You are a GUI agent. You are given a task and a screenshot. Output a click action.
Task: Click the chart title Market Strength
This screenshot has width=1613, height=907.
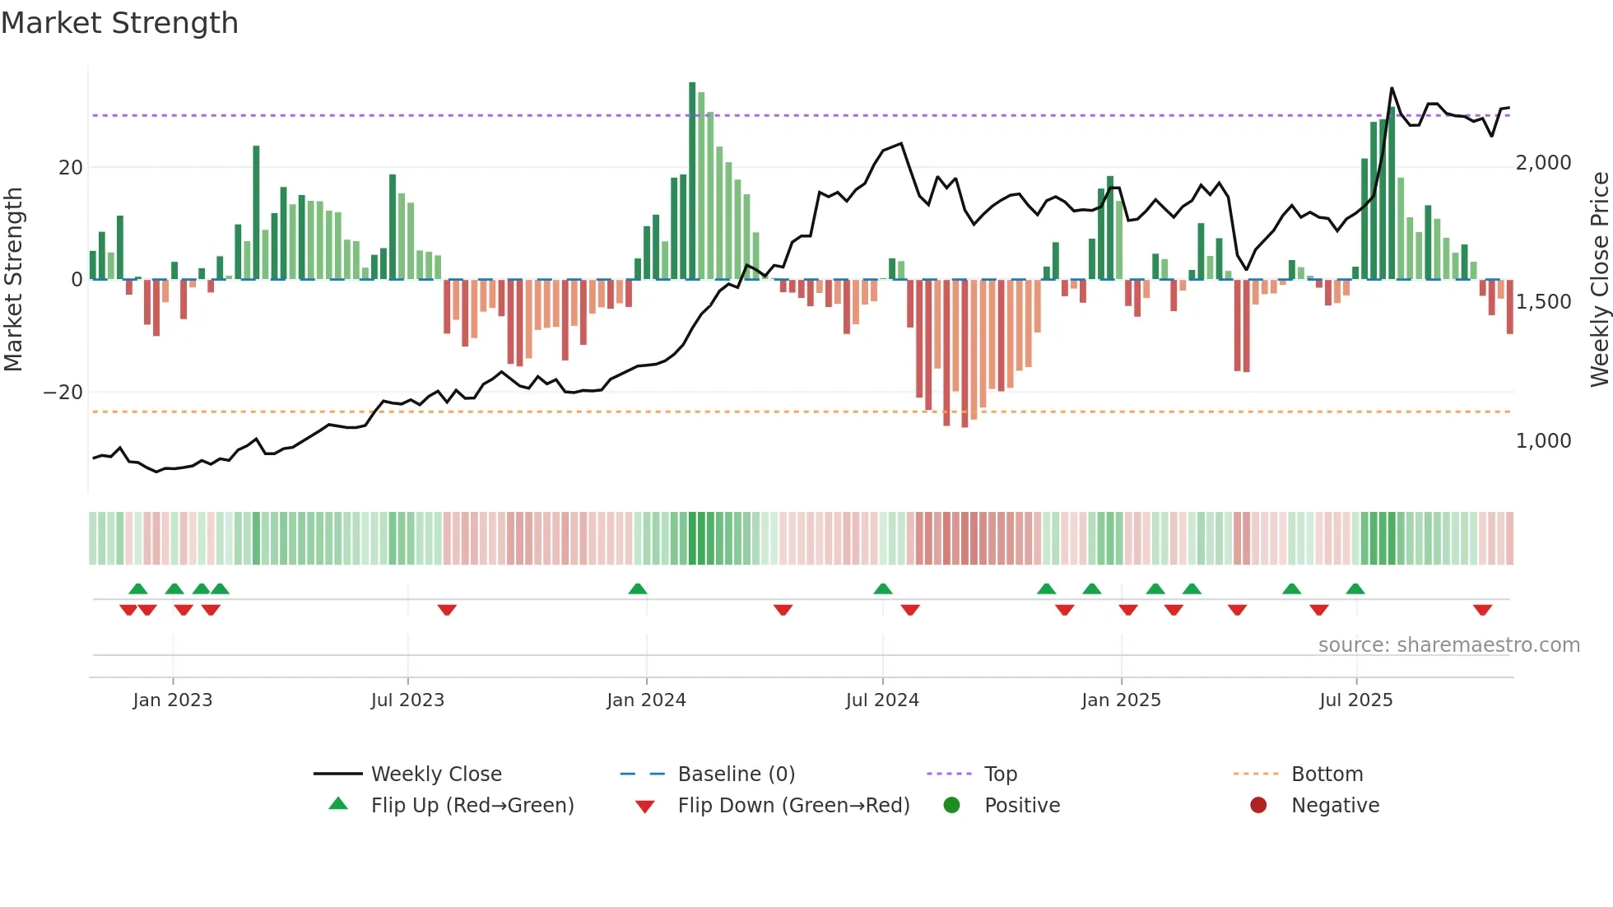[119, 23]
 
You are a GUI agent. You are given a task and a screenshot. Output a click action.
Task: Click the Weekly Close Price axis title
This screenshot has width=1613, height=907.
[1599, 279]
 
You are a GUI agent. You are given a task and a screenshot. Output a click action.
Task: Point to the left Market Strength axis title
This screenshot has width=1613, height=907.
[13, 279]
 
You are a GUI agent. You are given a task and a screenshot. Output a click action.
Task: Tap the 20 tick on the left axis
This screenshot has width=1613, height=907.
[71, 168]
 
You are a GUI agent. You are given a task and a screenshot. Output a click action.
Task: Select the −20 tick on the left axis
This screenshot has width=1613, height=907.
[64, 393]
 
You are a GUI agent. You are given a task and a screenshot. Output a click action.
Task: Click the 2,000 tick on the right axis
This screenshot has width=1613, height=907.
[1543, 163]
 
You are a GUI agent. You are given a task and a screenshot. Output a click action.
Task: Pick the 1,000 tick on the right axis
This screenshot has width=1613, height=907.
[1543, 441]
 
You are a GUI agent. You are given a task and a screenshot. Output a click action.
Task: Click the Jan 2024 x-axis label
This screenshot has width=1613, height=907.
[646, 700]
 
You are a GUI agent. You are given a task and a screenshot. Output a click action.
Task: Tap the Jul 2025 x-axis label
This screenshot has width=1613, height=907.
[1355, 700]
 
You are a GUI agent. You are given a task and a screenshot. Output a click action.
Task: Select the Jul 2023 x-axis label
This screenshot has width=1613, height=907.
[407, 700]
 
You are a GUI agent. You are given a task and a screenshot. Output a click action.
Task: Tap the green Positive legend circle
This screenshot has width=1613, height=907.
[951, 806]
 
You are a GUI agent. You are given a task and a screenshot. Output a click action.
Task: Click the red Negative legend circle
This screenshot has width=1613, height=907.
[1258, 806]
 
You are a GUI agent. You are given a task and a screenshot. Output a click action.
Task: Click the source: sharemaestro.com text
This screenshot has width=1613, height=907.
[1448, 645]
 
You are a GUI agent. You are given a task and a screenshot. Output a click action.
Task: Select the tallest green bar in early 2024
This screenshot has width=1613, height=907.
[692, 181]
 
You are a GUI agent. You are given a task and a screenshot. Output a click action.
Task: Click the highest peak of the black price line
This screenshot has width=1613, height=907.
[1392, 88]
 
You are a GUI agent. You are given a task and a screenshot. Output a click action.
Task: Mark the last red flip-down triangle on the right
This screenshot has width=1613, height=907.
[1482, 610]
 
